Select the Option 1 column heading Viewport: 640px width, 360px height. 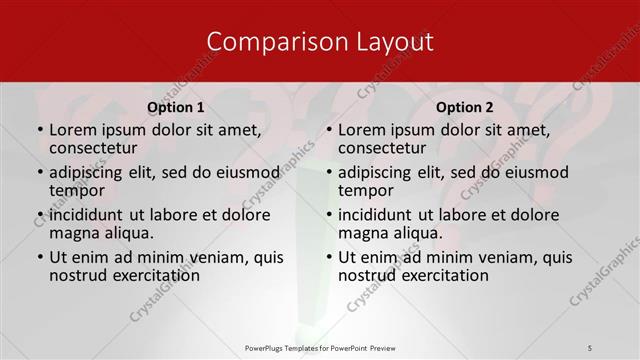click(176, 107)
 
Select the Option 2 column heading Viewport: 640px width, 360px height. click(465, 107)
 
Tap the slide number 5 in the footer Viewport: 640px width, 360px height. click(589, 347)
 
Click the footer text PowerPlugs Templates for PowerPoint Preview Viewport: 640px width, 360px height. click(320, 347)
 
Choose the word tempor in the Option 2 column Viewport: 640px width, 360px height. click(365, 190)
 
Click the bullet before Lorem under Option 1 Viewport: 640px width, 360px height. click(40, 130)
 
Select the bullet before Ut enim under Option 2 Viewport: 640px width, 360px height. click(329, 257)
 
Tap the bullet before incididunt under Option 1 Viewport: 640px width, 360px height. click(40, 215)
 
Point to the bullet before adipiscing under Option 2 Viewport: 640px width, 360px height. click(329, 172)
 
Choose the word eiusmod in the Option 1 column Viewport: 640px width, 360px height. click(247, 172)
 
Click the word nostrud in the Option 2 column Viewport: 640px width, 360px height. click(368, 275)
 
